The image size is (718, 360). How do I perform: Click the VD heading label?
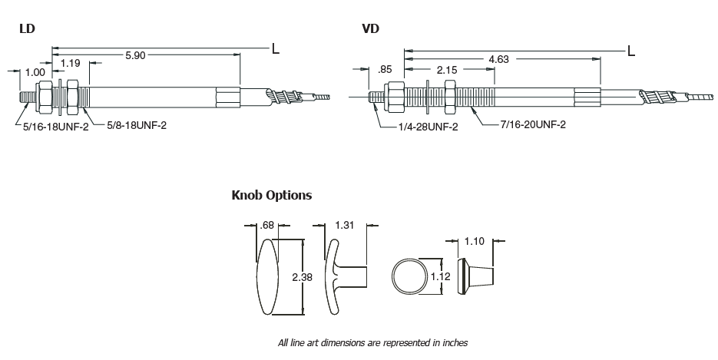coord(370,30)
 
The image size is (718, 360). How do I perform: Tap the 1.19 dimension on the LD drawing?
coord(71,62)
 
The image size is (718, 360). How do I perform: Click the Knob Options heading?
coord(272,195)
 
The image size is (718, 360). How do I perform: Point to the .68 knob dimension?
coord(268,225)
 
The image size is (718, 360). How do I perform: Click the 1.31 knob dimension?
coord(346,225)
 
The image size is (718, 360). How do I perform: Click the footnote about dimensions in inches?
coord(372,343)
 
